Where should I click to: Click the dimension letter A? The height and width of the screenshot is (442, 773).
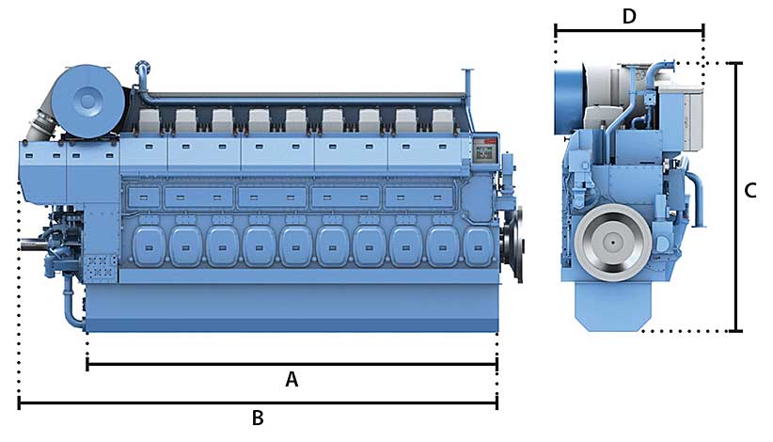[x=292, y=380]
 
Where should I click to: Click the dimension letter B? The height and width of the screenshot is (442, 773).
[x=258, y=418]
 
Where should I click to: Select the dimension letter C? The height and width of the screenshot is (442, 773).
[x=749, y=191]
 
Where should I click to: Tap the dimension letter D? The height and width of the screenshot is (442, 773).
[x=629, y=16]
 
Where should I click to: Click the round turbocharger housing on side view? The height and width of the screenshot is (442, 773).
[x=88, y=101]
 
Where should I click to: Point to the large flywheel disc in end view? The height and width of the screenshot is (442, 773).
[x=612, y=243]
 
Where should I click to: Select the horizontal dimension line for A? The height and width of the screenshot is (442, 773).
[x=292, y=365]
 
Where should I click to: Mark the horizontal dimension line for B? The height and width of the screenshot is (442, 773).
[x=258, y=403]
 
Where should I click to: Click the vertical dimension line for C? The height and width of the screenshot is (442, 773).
[x=737, y=197]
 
